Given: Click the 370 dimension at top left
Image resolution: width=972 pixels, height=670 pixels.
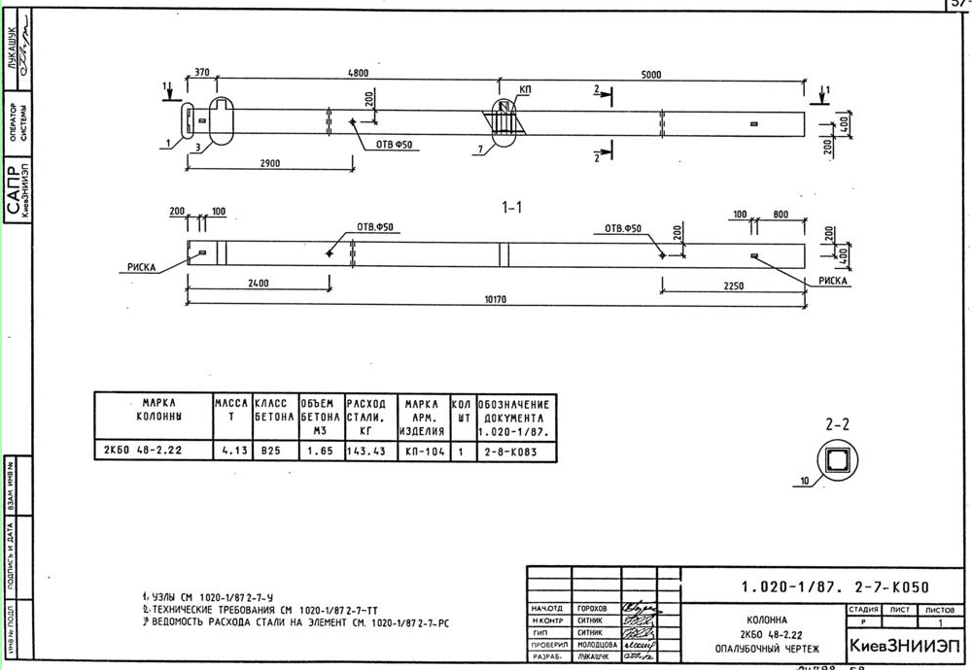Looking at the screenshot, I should point(202,73).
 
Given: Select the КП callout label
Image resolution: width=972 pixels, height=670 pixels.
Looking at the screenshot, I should point(526,89).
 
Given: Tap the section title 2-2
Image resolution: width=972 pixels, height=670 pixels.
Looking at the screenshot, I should point(838,424).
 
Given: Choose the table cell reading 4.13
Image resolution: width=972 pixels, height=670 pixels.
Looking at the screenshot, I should point(230,451).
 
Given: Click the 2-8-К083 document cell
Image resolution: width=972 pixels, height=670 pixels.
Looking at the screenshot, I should point(514,451).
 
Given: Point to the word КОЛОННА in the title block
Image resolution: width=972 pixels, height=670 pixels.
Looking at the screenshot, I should point(767,619).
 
